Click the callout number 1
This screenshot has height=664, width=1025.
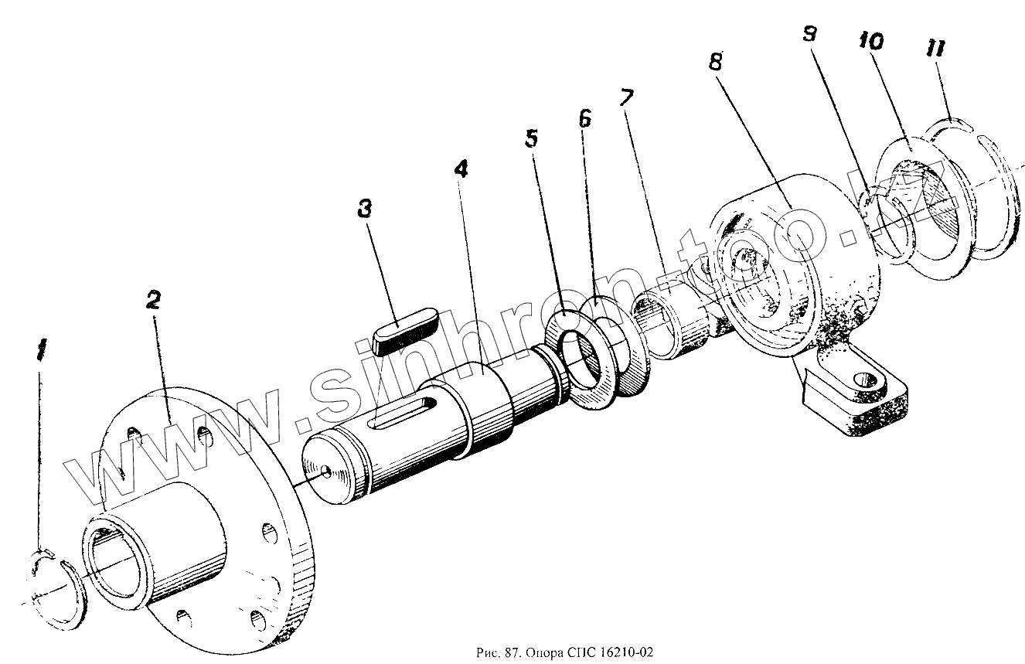click(41, 352)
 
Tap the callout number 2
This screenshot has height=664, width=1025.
click(153, 301)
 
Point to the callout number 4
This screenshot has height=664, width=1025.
click(461, 171)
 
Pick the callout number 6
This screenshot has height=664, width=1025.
click(585, 118)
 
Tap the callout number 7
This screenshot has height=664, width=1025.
click(627, 98)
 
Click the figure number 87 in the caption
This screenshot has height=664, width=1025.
click(509, 652)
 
